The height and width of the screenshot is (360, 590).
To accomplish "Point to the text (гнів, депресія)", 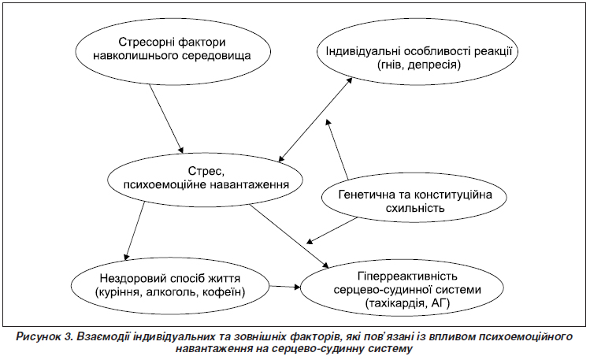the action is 418,65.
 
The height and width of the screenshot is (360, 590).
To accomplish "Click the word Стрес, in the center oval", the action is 206,172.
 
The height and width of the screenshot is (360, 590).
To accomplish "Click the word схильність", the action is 415,208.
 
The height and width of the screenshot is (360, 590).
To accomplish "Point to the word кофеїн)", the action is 224,292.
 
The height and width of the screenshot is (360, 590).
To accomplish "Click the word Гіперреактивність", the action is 407,276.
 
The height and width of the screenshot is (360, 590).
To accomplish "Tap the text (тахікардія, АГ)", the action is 407,302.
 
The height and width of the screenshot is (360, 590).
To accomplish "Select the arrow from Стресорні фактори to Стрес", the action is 166,118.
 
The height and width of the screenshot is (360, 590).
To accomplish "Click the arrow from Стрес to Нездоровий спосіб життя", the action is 135,231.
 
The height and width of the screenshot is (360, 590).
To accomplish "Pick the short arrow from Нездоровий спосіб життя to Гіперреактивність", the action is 285,287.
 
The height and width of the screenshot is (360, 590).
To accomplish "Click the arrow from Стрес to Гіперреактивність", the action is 288,236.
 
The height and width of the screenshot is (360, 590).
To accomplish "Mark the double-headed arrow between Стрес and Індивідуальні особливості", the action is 315,120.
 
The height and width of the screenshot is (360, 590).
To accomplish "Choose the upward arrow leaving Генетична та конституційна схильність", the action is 337,149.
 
